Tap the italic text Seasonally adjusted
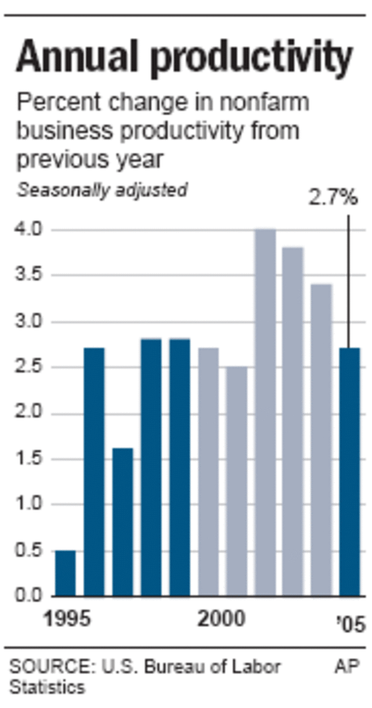point(102,190)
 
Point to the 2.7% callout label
point(333,198)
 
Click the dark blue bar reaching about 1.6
point(122,522)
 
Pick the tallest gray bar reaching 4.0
point(265,412)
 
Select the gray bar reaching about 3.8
point(293,421)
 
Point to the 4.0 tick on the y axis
point(29,230)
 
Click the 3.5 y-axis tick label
point(29,275)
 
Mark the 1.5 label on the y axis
point(29,459)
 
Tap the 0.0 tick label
point(29,596)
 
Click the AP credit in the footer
point(347,667)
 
